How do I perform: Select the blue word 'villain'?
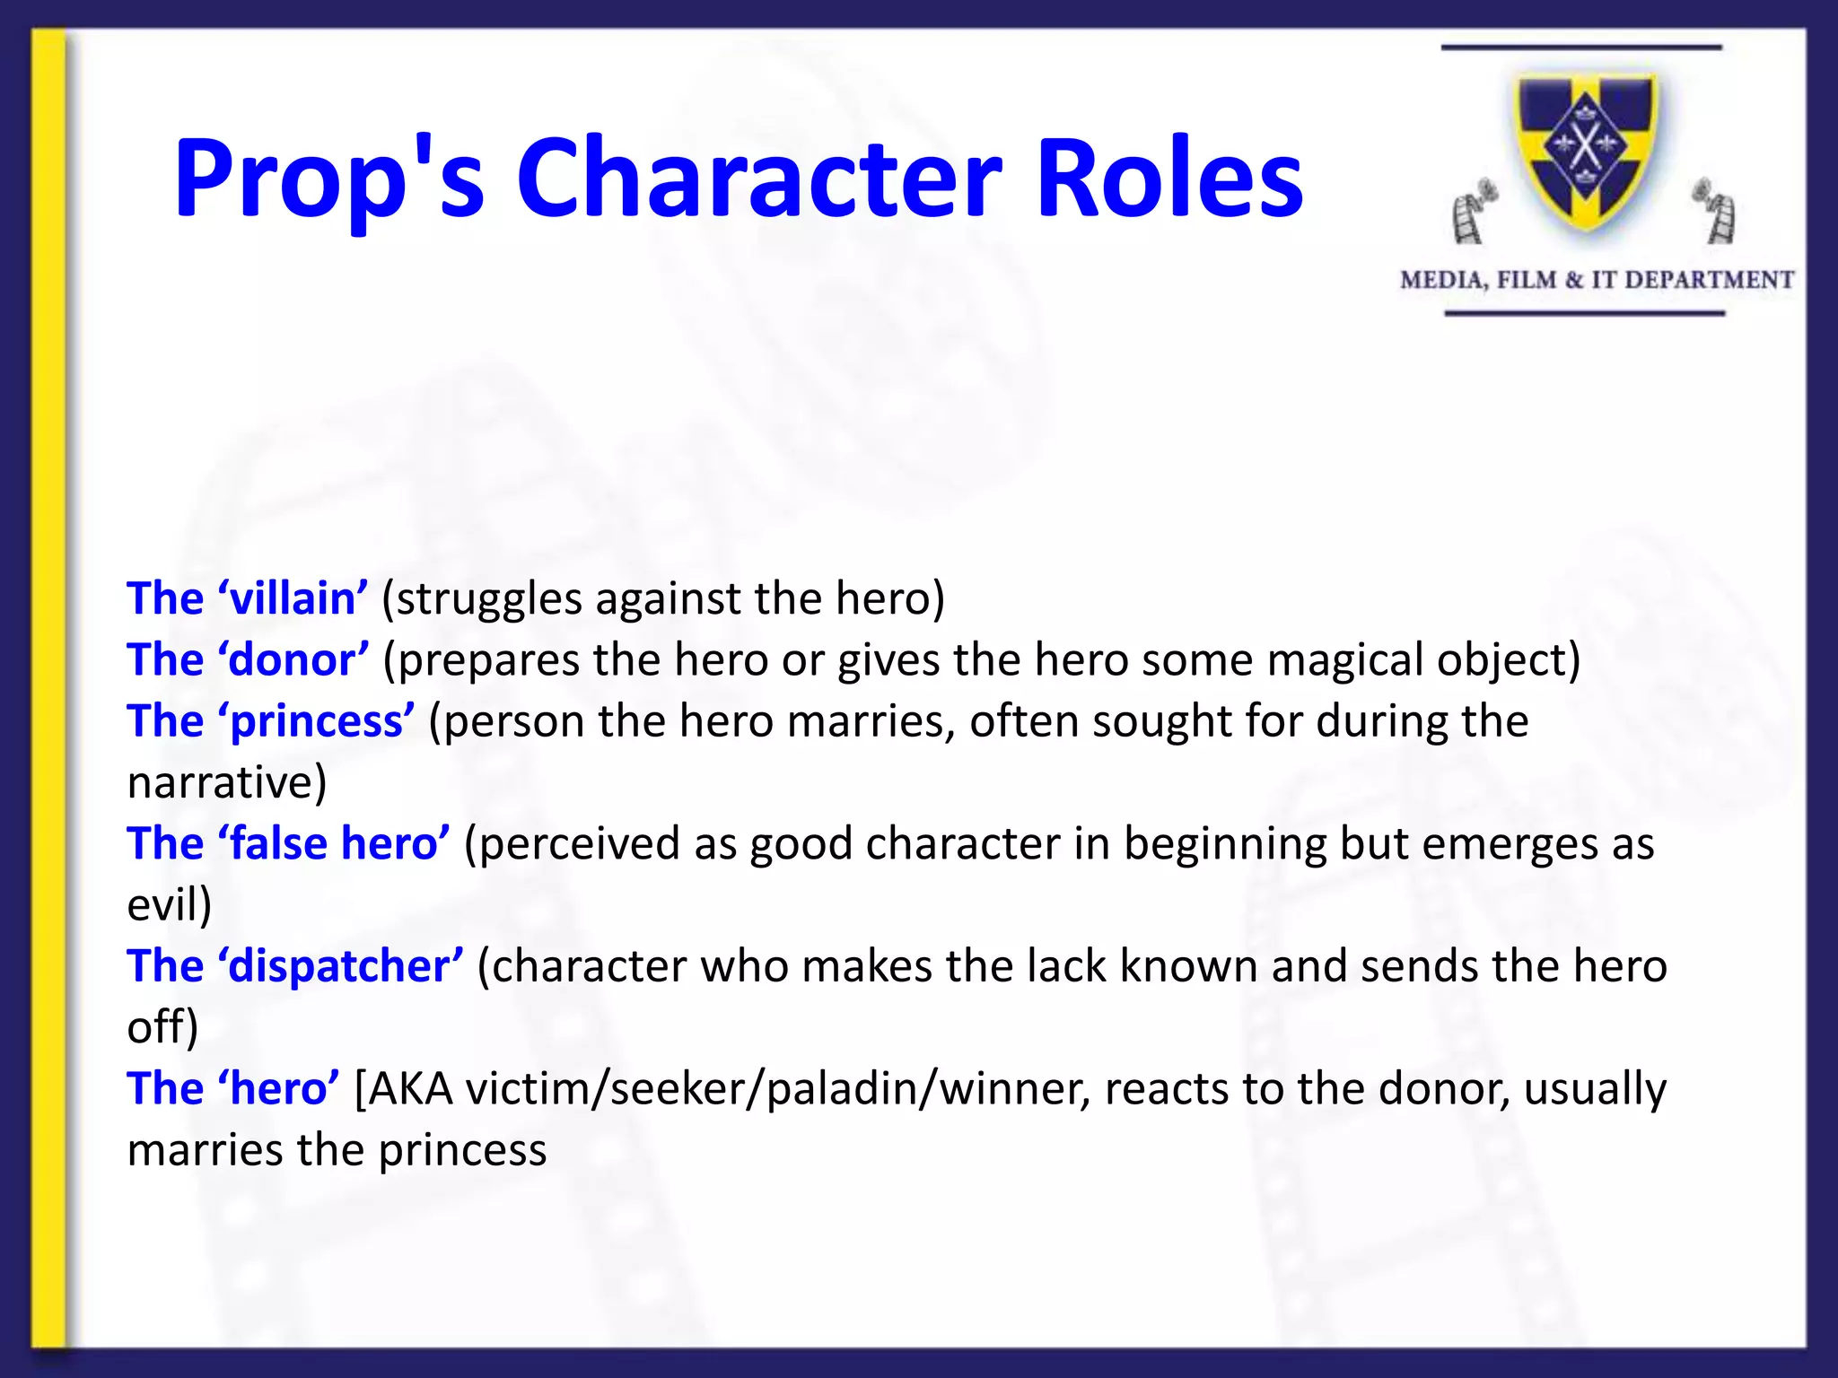point(293,598)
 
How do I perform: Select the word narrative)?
point(227,782)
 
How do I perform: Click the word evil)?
point(170,904)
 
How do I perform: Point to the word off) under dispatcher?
point(162,1027)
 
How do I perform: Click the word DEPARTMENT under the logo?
point(1709,280)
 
